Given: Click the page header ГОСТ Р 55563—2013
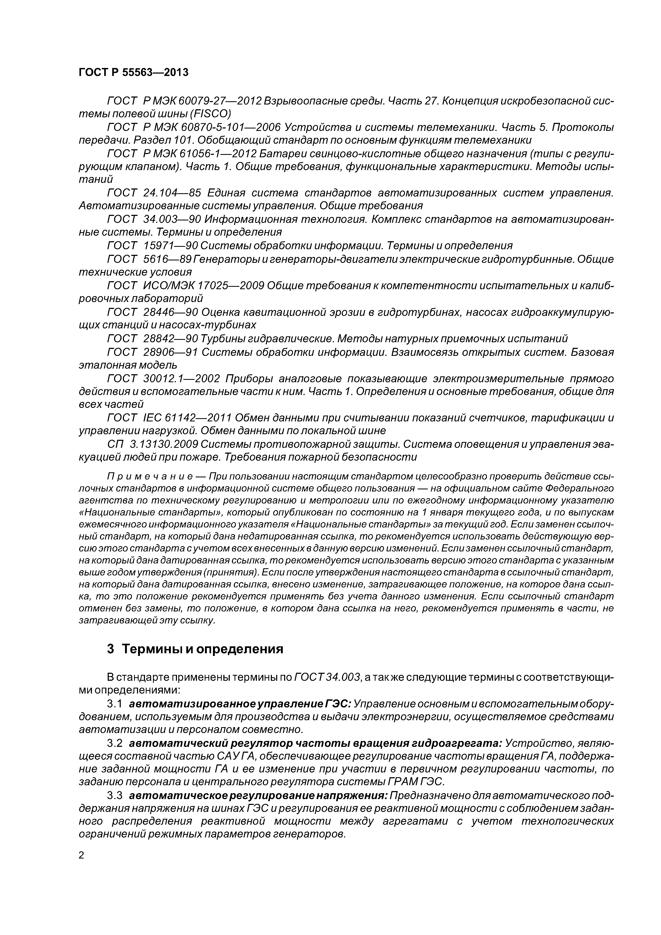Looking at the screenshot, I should coord(134,72).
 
